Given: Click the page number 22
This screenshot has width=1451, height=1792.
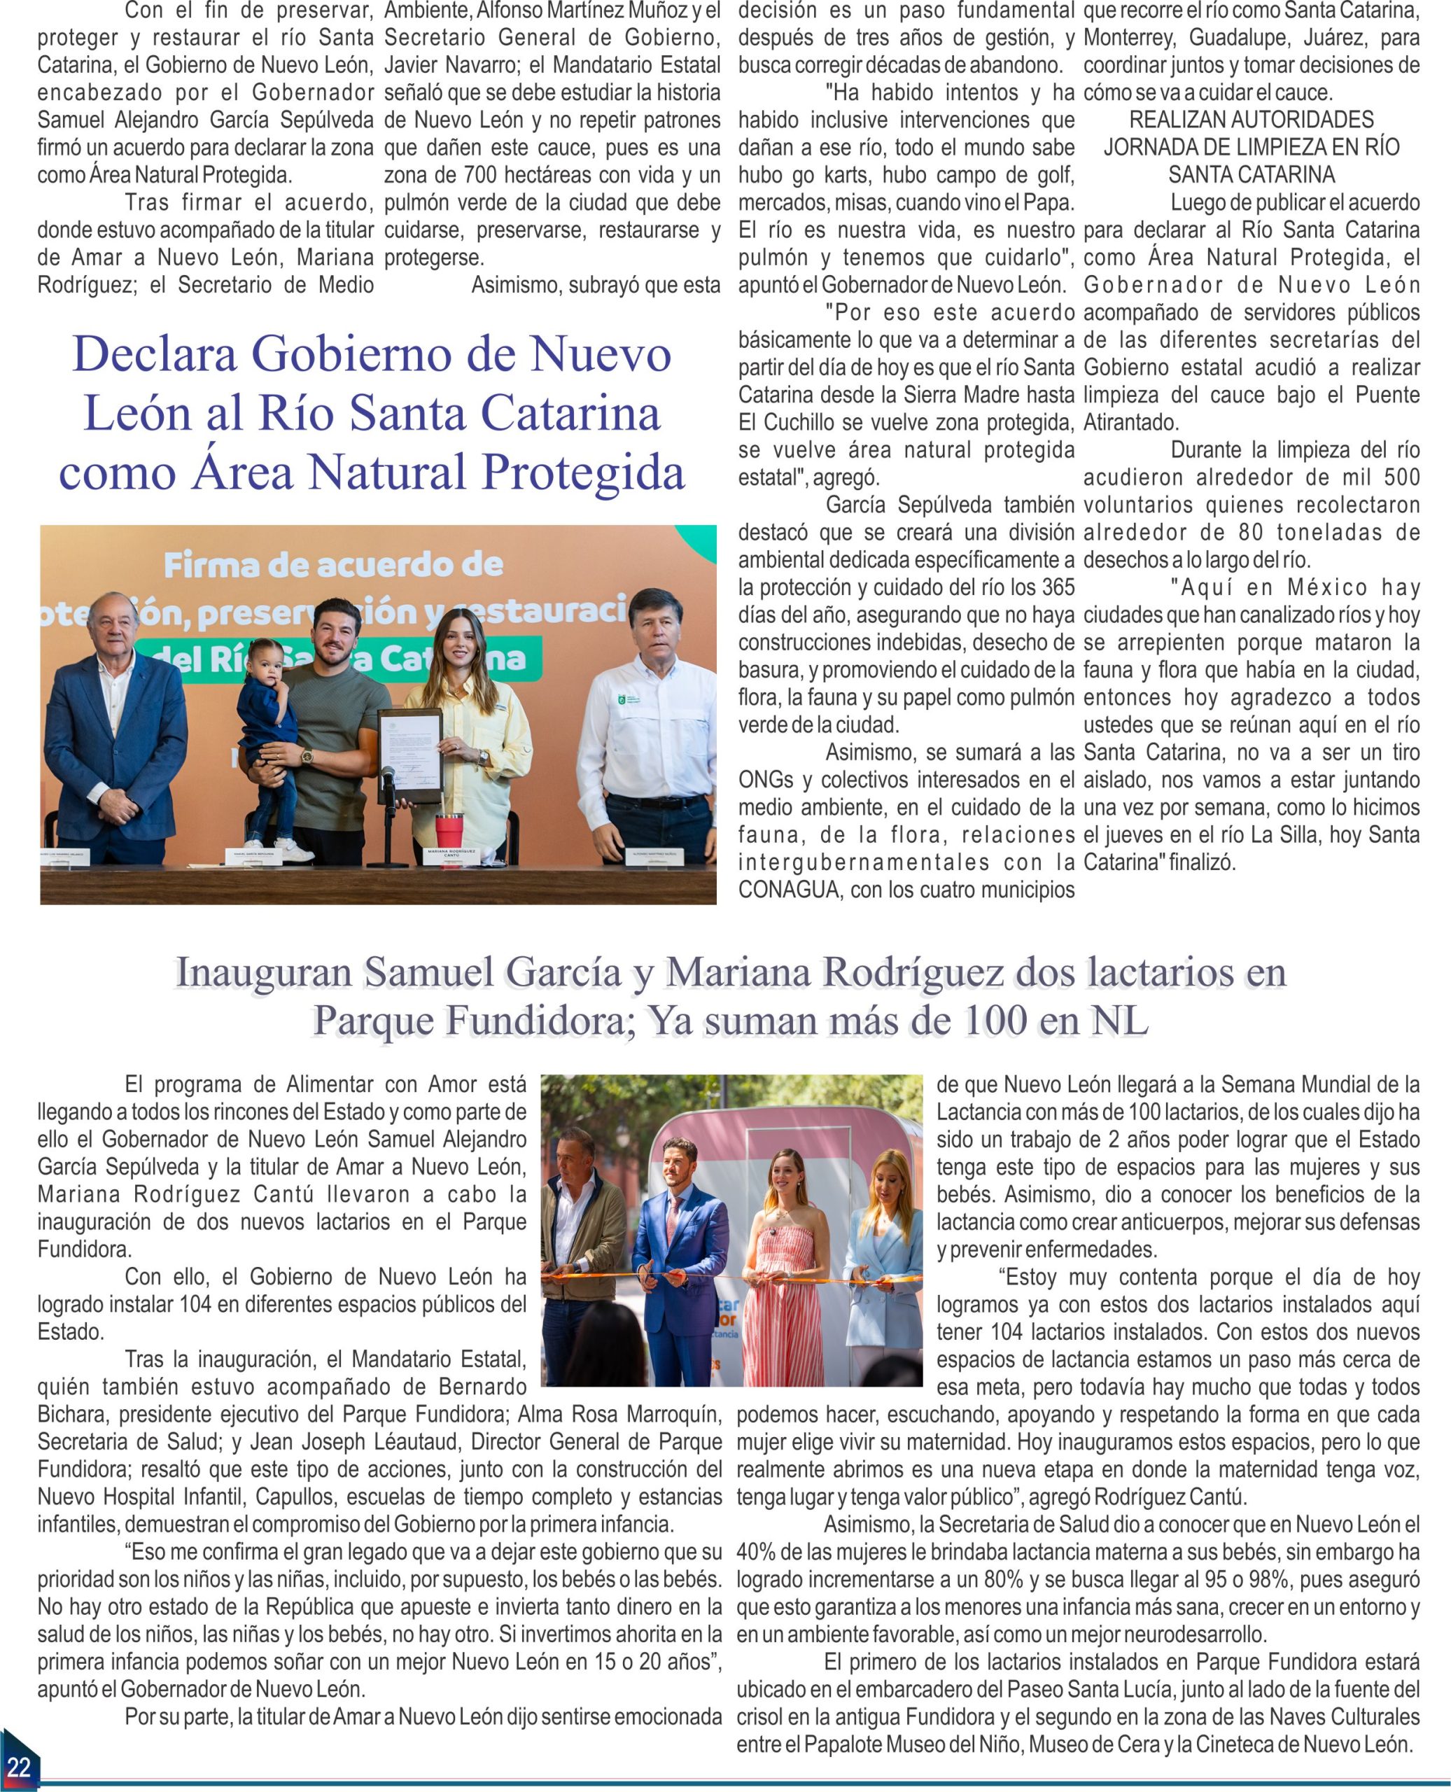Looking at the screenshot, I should (18, 1766).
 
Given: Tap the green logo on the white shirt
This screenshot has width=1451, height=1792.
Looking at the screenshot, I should (619, 698).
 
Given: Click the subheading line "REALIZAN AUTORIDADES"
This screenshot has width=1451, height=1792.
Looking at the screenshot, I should (1252, 120).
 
